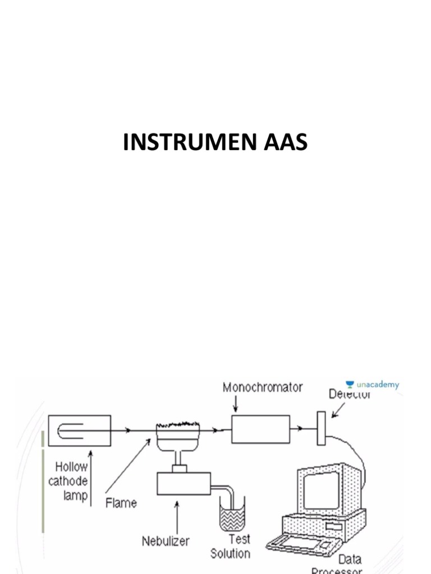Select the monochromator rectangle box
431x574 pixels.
click(x=261, y=430)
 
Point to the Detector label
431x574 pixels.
click(x=350, y=395)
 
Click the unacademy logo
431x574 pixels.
click(x=372, y=385)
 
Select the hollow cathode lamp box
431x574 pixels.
click(x=79, y=430)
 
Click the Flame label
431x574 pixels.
click(x=121, y=503)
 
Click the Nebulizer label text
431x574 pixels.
click(x=165, y=541)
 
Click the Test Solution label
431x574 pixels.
click(x=231, y=547)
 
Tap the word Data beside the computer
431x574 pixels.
click(x=350, y=559)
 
